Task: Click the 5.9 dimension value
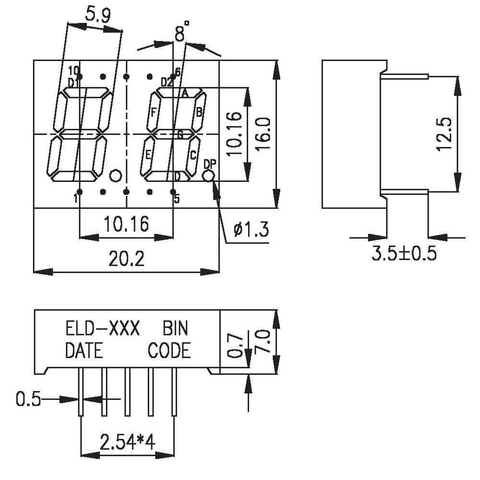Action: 97,15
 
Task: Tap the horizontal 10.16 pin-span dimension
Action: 126,224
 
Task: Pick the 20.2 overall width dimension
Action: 126,260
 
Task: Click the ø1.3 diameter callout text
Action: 251,230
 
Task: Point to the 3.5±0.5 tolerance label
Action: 404,253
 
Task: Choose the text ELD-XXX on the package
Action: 102,329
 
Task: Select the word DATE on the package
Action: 84,351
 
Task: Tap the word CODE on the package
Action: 169,351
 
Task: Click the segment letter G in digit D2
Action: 180,135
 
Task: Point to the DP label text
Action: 210,164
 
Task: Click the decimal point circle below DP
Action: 208,176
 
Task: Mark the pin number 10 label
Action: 73,70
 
